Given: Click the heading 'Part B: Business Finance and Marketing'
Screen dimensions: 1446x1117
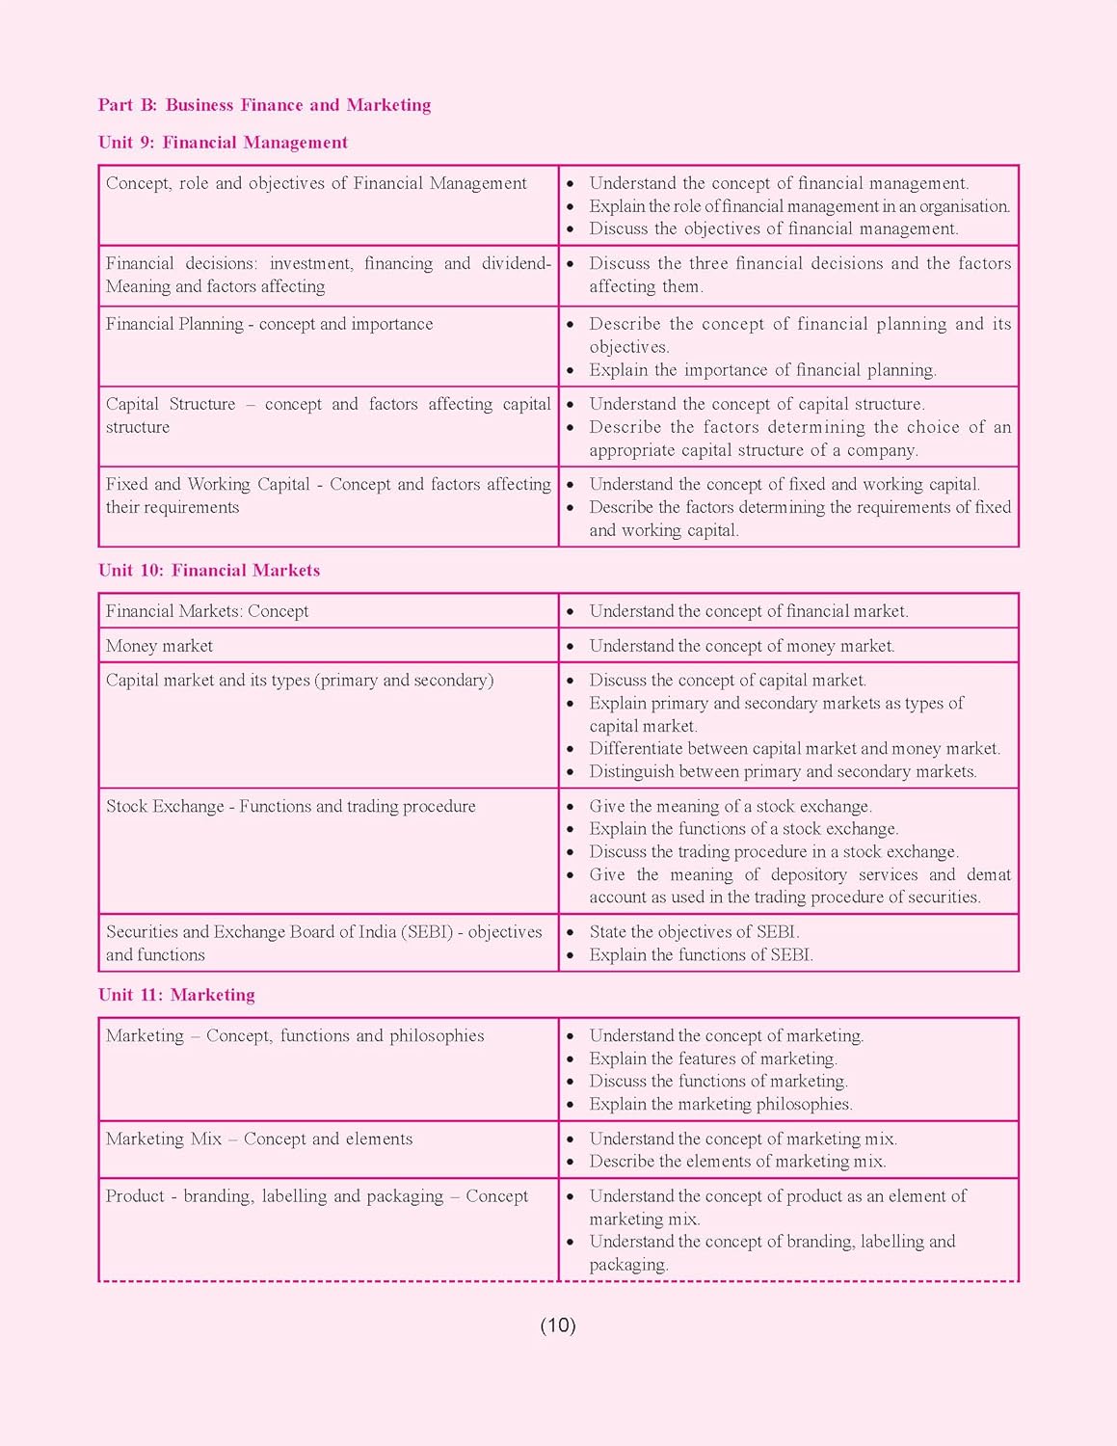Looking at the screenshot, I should (x=264, y=105).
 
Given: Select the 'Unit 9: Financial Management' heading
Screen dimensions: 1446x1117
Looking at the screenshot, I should (x=223, y=143).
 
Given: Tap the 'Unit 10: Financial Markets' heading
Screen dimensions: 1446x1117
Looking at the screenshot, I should (x=209, y=571).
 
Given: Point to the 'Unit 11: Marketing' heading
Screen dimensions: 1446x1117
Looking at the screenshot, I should (x=176, y=995).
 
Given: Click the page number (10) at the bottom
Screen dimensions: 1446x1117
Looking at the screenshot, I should (x=558, y=1325).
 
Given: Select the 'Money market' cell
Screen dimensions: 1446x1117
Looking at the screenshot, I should (x=160, y=646).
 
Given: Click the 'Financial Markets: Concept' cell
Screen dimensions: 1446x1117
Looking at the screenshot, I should (x=207, y=611).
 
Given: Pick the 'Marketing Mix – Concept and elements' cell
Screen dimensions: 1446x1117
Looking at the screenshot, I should (x=259, y=1139).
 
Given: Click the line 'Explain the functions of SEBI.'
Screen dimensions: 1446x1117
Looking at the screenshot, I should (x=701, y=955).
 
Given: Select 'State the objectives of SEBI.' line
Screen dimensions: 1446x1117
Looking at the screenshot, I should (x=694, y=932).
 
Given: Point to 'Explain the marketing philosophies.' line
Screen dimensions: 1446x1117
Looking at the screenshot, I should (x=721, y=1105).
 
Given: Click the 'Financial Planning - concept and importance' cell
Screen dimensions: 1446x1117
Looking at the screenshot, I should (x=269, y=324).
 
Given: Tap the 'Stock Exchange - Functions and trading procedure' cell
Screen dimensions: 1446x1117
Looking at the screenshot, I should (x=290, y=807).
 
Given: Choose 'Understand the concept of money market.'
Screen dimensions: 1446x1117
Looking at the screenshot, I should (x=742, y=646).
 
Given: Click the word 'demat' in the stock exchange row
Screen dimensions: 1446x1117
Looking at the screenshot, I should (x=989, y=875).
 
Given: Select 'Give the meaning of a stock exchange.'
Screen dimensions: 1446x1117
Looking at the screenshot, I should (x=731, y=807).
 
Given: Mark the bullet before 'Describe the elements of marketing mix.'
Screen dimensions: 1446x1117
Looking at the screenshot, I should (x=571, y=1163).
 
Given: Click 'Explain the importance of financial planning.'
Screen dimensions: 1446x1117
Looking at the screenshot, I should (x=762, y=370).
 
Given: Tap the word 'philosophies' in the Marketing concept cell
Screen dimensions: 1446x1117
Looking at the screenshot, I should (x=437, y=1036).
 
